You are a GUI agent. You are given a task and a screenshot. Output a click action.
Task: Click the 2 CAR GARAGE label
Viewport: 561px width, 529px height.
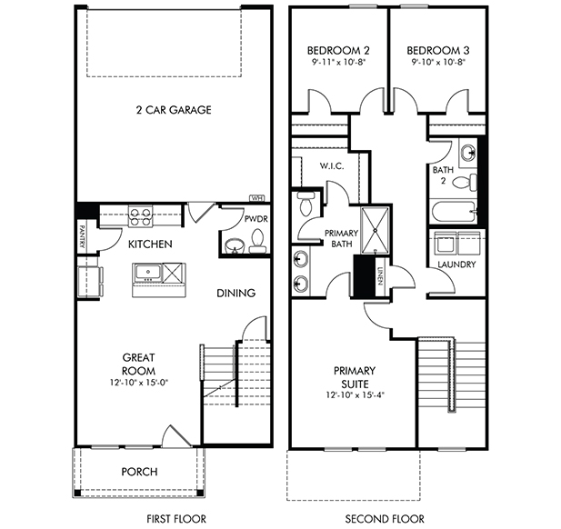click(174, 110)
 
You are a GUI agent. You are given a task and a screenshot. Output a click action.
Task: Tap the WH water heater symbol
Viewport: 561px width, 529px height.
click(256, 198)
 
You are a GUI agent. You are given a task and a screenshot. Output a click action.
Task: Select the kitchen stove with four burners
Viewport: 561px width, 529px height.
click(140, 216)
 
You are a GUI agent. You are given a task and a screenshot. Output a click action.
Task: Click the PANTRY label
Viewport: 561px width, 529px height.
click(82, 236)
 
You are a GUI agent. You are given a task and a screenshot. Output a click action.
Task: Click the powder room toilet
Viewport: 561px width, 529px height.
click(257, 241)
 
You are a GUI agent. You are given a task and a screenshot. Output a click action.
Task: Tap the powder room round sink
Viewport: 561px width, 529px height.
click(235, 246)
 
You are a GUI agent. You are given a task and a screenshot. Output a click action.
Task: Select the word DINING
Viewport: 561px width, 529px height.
click(236, 294)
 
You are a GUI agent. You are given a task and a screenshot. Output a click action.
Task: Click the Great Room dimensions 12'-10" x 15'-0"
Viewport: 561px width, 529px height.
click(139, 383)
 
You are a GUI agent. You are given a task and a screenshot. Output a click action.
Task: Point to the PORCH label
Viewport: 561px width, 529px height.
click(139, 472)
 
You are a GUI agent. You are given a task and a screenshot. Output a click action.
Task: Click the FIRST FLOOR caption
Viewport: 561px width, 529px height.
click(176, 519)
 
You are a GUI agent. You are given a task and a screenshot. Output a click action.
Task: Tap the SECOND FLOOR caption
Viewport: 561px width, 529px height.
click(385, 519)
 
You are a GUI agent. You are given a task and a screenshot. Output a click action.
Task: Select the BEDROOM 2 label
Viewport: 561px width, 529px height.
click(338, 50)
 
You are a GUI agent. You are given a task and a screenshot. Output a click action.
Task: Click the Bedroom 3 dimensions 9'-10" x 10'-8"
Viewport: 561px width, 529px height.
click(438, 62)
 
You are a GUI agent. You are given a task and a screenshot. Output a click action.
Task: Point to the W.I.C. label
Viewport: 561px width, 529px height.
click(332, 166)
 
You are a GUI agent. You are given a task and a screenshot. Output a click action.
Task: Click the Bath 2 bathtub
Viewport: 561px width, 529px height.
click(454, 213)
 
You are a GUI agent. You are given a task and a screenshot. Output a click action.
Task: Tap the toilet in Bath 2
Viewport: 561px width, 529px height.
click(465, 183)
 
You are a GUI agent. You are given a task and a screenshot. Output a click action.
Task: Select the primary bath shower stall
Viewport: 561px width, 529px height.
click(375, 230)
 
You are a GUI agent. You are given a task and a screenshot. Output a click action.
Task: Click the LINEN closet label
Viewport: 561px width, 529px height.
click(380, 276)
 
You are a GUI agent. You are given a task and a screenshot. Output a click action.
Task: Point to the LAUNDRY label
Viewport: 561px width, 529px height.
click(456, 264)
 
